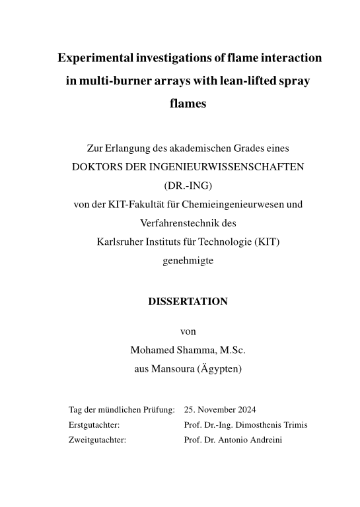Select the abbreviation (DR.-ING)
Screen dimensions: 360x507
[x=188, y=186]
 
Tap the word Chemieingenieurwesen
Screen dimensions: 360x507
[x=254, y=205]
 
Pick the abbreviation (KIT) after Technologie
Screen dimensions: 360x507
[x=266, y=242]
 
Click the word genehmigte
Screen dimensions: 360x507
[x=188, y=260]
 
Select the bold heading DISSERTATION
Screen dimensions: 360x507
[x=189, y=301]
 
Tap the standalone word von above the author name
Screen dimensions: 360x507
[x=188, y=331]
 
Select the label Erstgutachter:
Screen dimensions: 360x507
[x=94, y=424]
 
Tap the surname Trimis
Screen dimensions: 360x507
[x=295, y=424]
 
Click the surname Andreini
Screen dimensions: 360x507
[x=264, y=439]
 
